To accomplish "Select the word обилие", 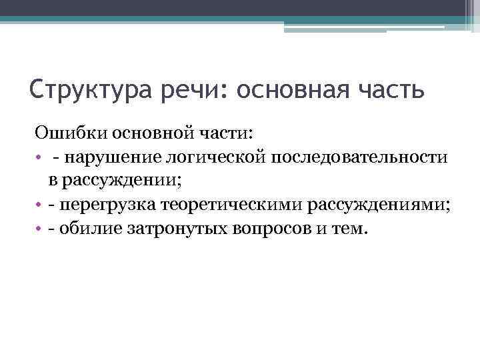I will [x=83, y=229].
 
